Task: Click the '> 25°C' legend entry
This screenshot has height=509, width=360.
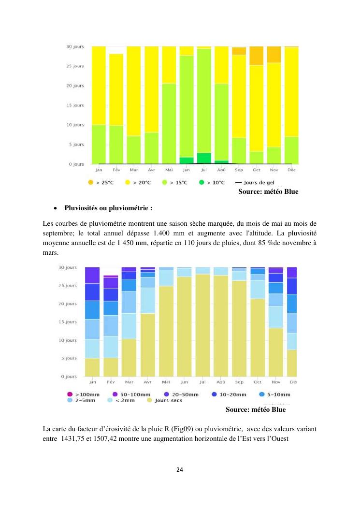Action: point(101,183)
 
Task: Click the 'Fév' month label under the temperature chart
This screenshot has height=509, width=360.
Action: point(116,170)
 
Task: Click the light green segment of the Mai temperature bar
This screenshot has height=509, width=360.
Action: point(169,123)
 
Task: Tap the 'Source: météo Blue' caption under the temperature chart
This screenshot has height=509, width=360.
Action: point(268,192)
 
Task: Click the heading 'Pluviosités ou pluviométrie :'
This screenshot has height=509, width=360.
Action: point(109,209)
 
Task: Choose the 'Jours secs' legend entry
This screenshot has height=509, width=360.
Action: point(165,401)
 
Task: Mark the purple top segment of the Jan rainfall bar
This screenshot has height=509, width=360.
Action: point(92,275)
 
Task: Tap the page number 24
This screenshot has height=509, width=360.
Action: point(179,469)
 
